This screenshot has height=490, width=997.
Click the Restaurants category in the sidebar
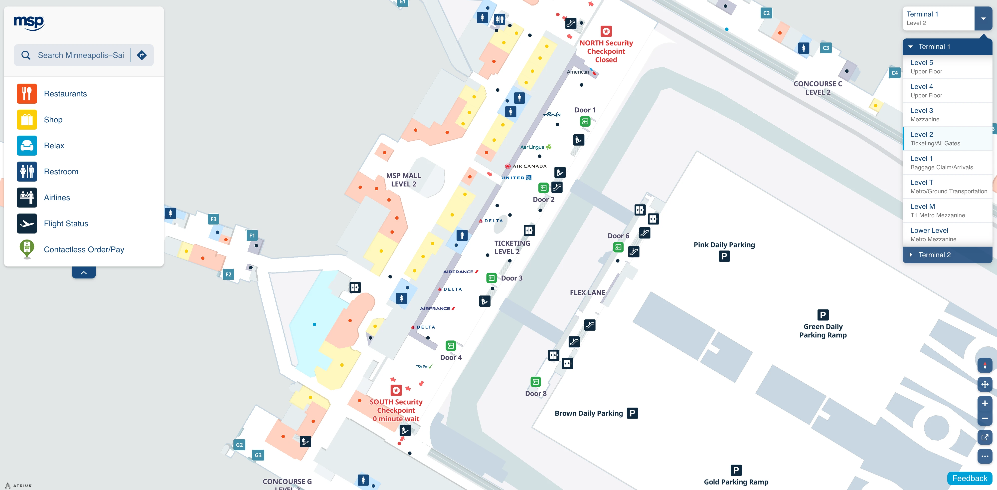click(65, 94)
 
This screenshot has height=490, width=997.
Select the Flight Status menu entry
click(66, 224)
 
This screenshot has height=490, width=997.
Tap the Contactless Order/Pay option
click(84, 249)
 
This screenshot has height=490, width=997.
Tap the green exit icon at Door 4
click(451, 345)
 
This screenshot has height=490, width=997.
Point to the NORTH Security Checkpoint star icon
click(606, 31)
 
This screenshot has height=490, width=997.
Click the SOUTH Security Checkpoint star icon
click(396, 390)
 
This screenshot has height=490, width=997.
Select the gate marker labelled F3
click(213, 219)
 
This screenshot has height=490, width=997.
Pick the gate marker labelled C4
click(894, 73)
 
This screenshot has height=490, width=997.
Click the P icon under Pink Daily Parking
click(724, 256)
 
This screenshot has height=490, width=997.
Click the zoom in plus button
click(985, 403)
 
